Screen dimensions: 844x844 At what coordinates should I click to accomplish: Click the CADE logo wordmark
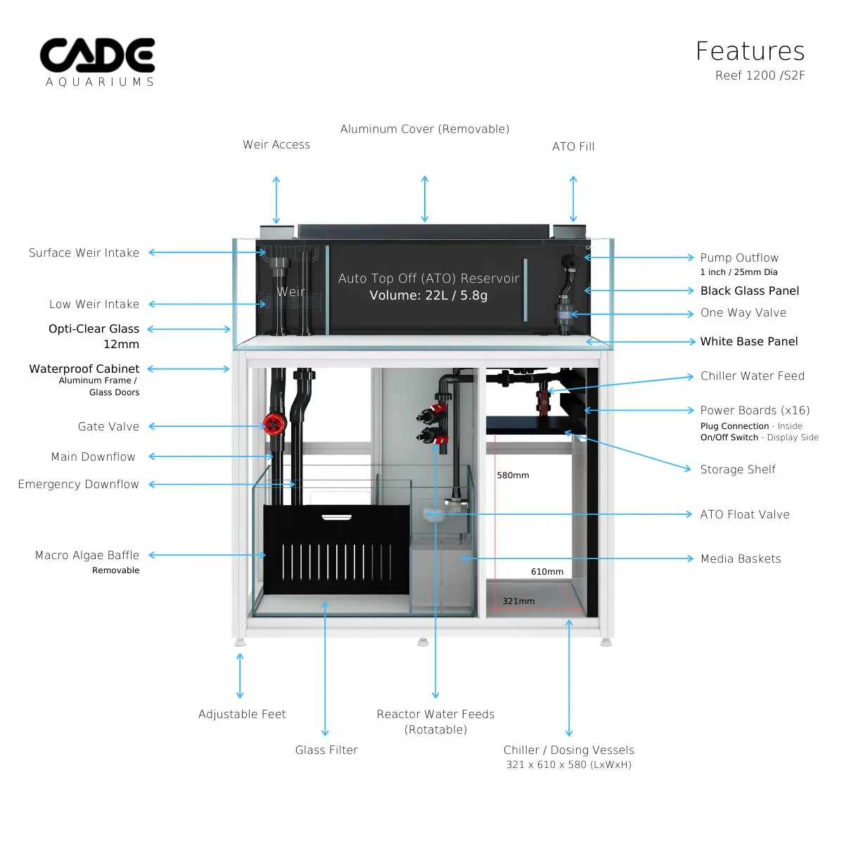tap(97, 56)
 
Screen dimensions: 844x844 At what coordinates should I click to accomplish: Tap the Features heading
tap(750, 51)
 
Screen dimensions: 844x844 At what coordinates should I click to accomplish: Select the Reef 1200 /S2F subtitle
tap(760, 75)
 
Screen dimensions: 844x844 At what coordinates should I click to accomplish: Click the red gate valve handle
tap(273, 423)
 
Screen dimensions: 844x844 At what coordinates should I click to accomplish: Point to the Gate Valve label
tap(108, 426)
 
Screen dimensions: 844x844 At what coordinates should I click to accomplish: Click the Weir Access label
tap(276, 144)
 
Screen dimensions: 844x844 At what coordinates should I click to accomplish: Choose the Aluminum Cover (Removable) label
tap(425, 129)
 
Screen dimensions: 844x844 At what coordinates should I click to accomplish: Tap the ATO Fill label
tap(573, 146)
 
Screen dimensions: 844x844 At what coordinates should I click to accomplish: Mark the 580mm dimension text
tap(513, 475)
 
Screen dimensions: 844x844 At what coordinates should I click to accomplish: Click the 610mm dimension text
tap(547, 572)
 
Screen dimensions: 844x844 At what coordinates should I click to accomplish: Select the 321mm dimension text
tap(518, 601)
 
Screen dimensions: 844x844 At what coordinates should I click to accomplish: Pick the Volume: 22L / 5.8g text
tap(428, 295)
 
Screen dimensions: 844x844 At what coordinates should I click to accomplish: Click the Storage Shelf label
tap(738, 469)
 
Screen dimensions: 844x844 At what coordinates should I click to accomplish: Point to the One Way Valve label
tap(743, 312)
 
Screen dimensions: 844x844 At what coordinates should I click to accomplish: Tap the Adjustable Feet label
tap(242, 714)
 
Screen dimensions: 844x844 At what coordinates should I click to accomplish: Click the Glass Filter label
tap(326, 750)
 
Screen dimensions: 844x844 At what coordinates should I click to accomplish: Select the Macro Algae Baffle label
tap(87, 555)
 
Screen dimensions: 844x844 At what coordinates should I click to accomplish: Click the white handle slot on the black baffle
tap(336, 517)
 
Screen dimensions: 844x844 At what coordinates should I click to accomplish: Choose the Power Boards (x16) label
tap(755, 410)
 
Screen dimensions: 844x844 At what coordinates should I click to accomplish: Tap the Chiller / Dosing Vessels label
tap(568, 750)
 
